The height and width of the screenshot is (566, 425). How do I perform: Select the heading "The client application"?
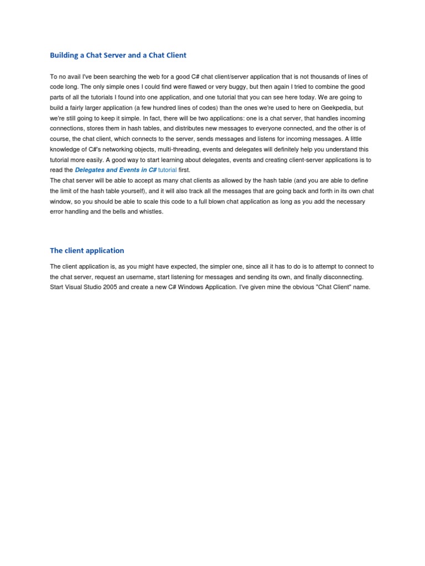click(x=87, y=250)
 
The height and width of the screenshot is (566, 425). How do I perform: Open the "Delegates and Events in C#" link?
click(x=116, y=170)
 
